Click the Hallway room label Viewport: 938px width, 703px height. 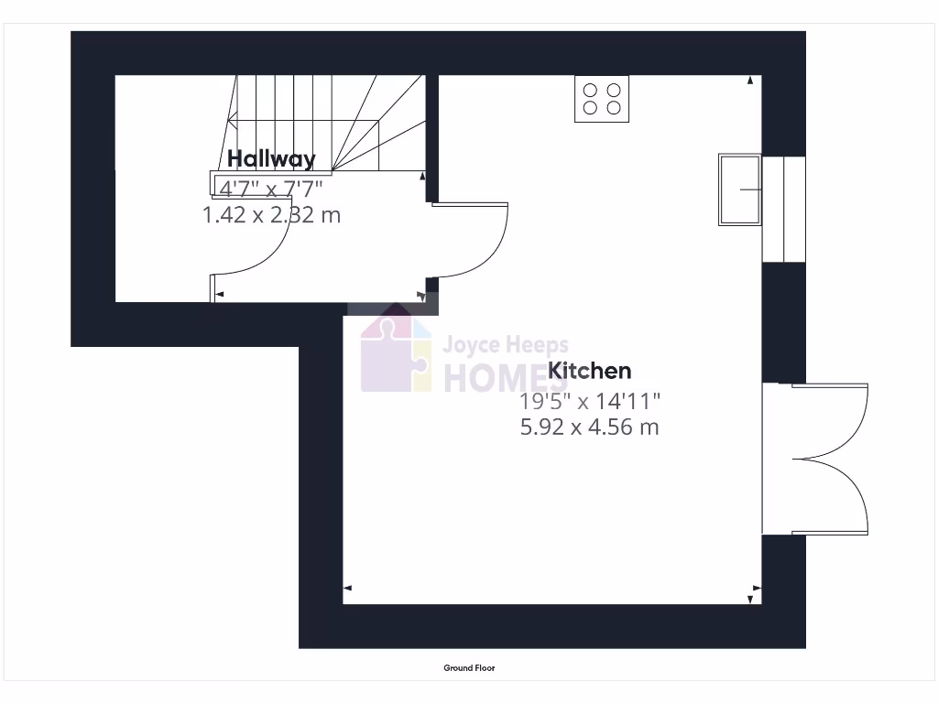(271, 158)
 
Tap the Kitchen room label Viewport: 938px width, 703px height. (589, 371)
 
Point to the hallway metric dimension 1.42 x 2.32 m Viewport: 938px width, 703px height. (271, 215)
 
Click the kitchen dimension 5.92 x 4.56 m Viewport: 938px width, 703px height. (589, 427)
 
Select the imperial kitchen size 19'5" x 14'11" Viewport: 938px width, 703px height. (589, 400)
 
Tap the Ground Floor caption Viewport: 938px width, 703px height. (469, 668)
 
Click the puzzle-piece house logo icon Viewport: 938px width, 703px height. (396, 354)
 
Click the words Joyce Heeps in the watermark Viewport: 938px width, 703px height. (505, 346)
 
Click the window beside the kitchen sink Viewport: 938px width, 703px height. (783, 209)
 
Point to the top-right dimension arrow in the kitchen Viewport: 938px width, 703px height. (751, 81)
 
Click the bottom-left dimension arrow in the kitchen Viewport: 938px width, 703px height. (348, 589)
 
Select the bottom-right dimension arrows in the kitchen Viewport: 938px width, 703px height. (752, 592)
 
